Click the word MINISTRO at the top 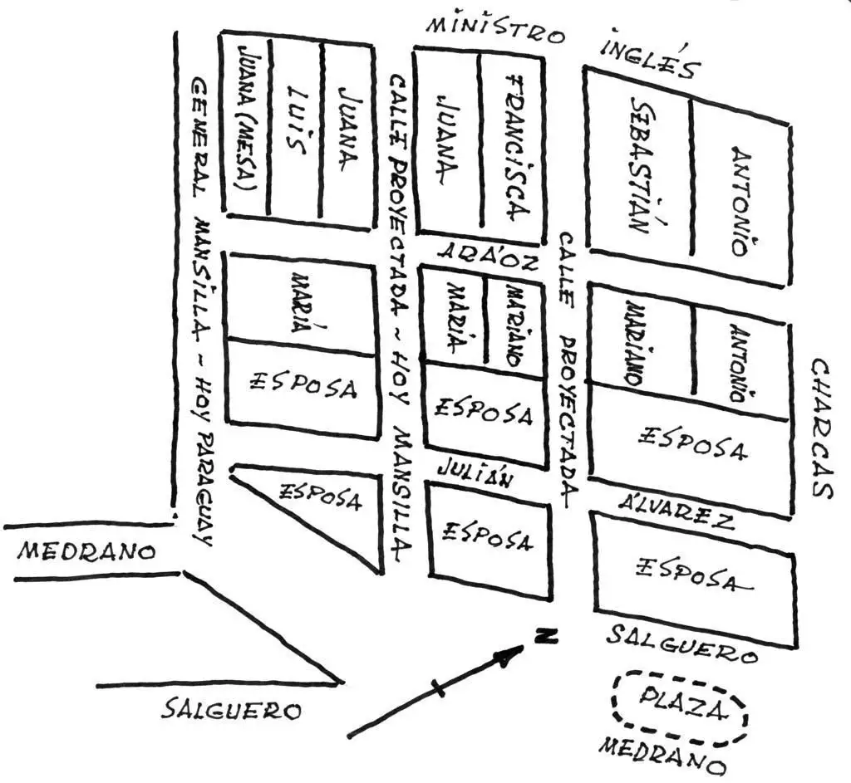495,31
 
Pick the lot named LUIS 297,120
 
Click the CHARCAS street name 820,428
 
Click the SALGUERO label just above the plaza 681,644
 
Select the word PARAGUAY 204,488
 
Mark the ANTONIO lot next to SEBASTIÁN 740,200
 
